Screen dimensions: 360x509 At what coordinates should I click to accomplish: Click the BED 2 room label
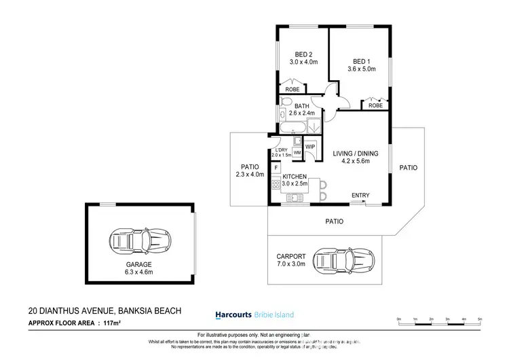tap(302, 55)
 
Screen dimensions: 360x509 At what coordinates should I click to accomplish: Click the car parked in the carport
tap(352, 259)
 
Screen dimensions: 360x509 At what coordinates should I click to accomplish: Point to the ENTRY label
tap(360, 196)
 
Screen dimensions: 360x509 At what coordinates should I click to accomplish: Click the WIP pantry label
tap(309, 147)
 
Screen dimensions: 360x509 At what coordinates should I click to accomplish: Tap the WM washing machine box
tap(297, 153)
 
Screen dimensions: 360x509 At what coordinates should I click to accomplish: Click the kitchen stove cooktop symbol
tap(276, 184)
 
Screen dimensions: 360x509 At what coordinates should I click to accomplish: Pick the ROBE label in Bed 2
tap(293, 90)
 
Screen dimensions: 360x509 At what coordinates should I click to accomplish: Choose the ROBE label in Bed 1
tap(375, 105)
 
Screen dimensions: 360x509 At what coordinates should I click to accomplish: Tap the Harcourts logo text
tap(233, 314)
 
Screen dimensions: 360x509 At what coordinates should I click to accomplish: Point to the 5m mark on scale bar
tap(480, 319)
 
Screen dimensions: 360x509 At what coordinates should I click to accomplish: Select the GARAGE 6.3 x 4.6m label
tap(138, 268)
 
